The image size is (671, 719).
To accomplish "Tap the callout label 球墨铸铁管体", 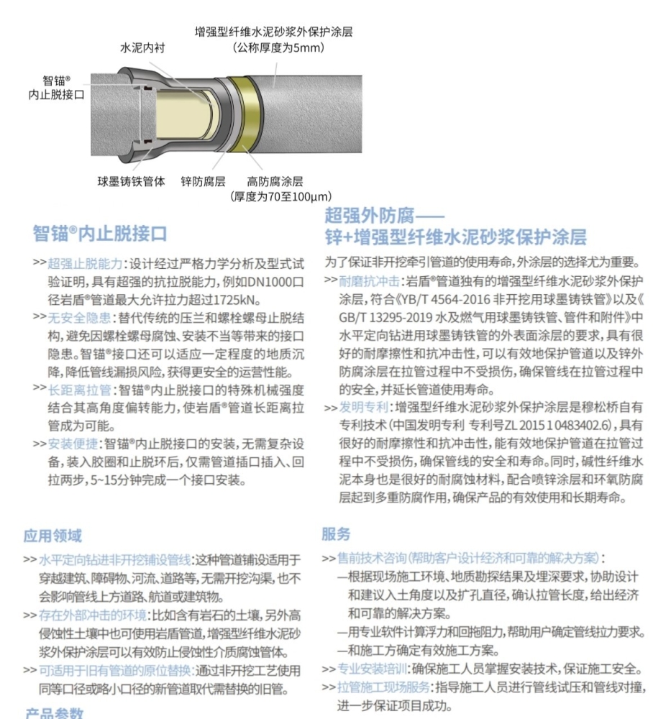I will (x=132, y=182).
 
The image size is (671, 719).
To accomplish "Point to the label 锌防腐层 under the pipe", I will (x=203, y=182).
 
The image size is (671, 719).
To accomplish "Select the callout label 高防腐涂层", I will (x=275, y=182).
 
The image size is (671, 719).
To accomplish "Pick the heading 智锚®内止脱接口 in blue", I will (x=100, y=234).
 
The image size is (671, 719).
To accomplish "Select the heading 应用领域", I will (x=53, y=536).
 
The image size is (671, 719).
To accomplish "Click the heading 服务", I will (x=336, y=533).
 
